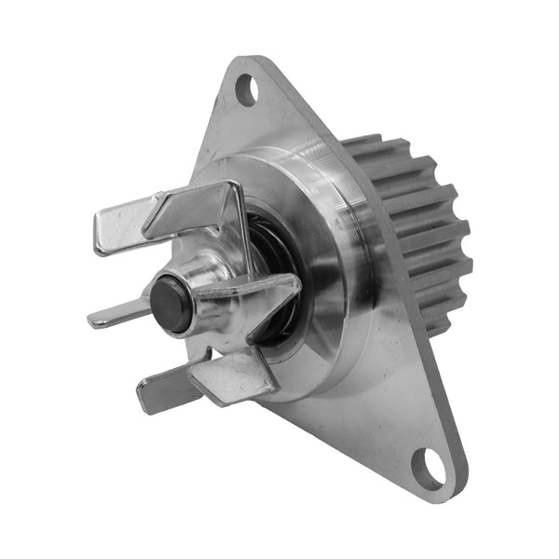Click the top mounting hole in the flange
click(245, 90)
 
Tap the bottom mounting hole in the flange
click(430, 462)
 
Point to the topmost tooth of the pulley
click(363, 144)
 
